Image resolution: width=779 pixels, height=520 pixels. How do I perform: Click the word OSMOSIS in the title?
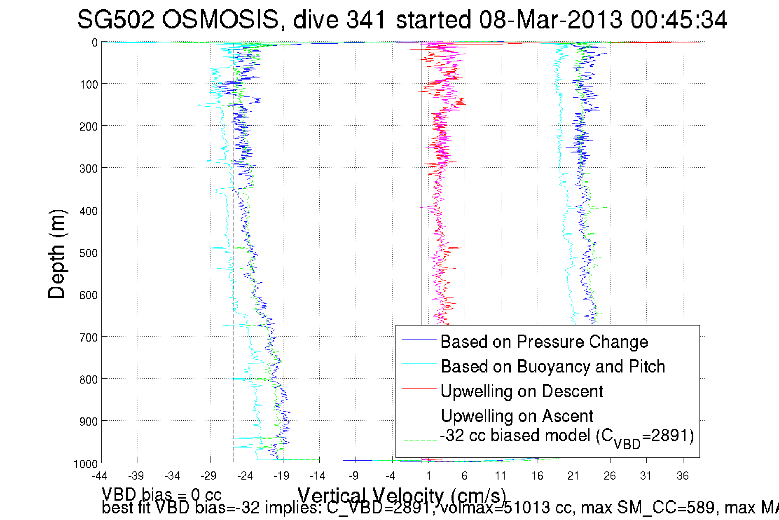tap(220, 19)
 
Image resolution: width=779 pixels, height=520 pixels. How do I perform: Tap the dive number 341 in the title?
tap(365, 19)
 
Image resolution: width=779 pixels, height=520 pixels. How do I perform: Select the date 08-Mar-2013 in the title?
tap(550, 19)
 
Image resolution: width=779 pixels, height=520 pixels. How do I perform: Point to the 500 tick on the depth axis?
tap(88, 253)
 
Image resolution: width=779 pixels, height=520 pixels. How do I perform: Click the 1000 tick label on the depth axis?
tap(86, 464)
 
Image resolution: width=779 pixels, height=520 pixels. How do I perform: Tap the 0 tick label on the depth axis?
tap(95, 42)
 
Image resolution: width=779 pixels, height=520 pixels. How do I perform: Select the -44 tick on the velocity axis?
tap(100, 476)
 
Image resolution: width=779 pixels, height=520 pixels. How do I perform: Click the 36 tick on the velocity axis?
tap(683, 476)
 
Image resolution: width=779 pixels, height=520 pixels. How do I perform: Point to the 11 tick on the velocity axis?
tap(501, 476)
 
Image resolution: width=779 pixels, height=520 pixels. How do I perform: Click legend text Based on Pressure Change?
tap(544, 342)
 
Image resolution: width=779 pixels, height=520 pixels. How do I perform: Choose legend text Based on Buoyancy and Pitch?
tap(553, 366)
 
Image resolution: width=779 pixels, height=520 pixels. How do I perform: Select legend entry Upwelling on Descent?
tap(522, 391)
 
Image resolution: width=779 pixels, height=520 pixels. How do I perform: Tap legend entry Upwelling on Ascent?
tap(517, 416)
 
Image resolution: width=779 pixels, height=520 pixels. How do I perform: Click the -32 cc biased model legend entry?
tap(567, 437)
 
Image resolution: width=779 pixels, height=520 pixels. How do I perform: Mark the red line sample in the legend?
tap(419, 388)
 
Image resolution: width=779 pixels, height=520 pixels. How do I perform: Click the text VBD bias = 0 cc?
tap(161, 494)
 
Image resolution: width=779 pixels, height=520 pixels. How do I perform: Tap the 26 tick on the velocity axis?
tap(610, 476)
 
